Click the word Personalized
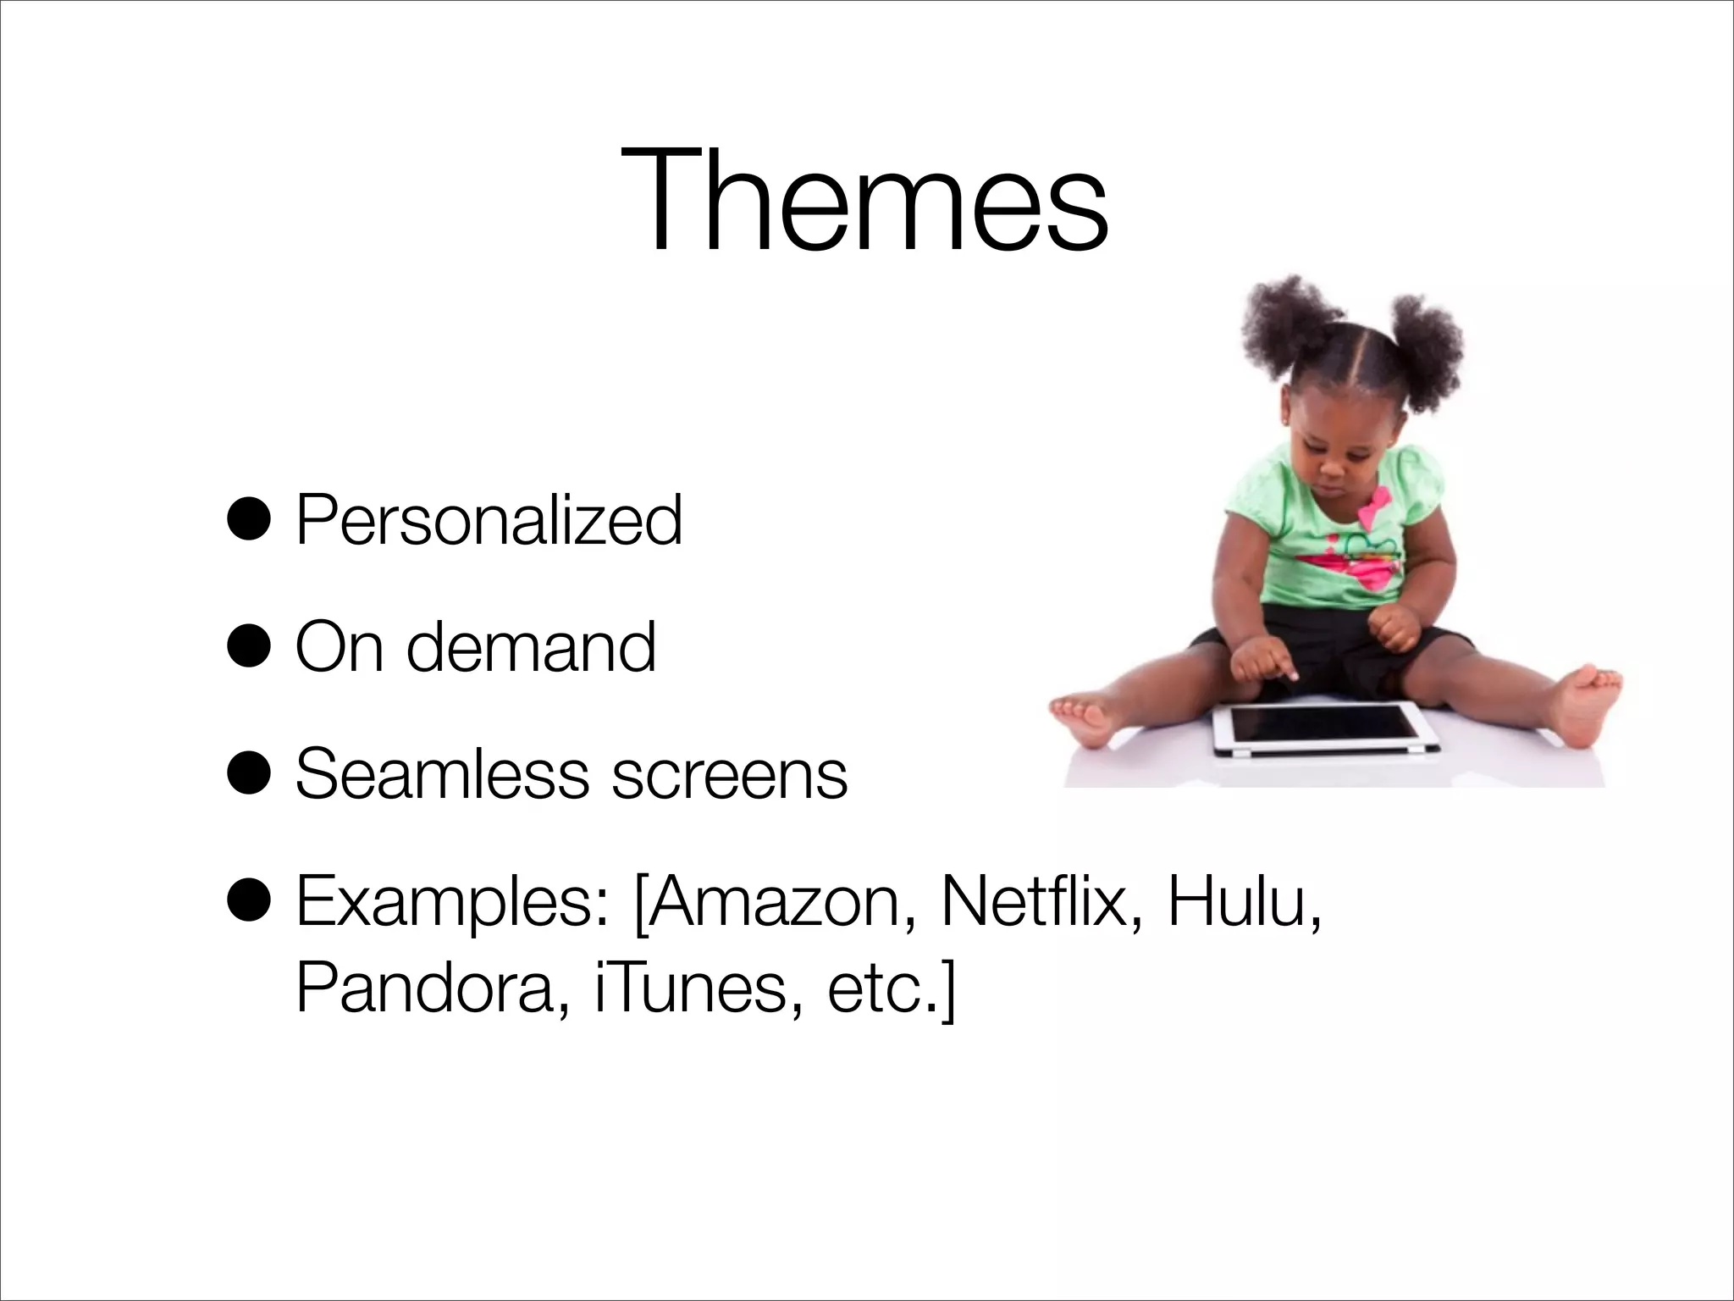tap(489, 520)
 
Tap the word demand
tap(531, 647)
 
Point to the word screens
tap(729, 776)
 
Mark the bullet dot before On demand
tap(250, 647)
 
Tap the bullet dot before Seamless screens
tap(250, 774)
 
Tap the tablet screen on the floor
tap(1324, 724)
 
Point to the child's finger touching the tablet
tap(1290, 675)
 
